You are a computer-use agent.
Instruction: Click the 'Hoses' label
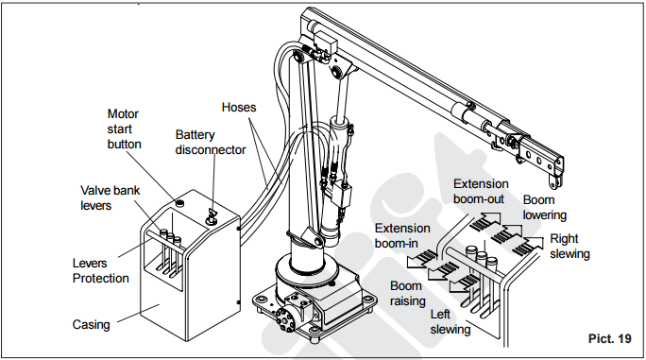[x=239, y=107]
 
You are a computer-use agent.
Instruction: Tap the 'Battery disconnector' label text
[x=211, y=143]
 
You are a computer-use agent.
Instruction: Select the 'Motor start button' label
[x=124, y=129]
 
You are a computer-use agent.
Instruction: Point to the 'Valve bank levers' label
[x=110, y=197]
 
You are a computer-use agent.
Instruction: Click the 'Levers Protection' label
[x=100, y=270]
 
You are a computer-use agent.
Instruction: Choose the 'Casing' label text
[x=91, y=324]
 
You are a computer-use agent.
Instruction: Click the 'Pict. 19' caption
[x=610, y=338]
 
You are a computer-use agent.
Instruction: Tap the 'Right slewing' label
[x=569, y=247]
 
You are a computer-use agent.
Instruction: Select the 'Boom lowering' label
[x=545, y=208]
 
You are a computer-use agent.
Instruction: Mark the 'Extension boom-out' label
[x=481, y=192]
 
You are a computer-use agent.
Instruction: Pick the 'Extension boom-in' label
[x=402, y=236]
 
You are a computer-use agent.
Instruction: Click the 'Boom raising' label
[x=407, y=293]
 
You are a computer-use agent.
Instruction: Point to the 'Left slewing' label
[x=450, y=321]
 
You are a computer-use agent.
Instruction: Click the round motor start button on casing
[x=179, y=203]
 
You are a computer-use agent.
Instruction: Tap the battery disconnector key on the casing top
[x=212, y=215]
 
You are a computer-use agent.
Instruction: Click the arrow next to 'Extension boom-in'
[x=421, y=259]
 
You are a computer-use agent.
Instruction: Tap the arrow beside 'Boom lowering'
[x=508, y=234]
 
